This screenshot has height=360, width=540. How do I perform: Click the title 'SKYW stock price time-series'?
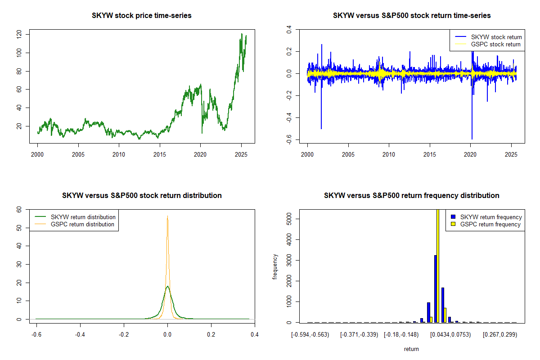coord(142,16)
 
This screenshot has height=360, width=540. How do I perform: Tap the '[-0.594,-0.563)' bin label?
coord(310,335)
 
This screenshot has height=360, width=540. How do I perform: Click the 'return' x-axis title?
coord(411,349)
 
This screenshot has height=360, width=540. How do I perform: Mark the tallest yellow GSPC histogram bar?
coord(438,265)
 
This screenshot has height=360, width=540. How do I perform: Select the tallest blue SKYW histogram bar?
coord(435,288)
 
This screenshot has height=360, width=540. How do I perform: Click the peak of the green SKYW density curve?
coord(167,286)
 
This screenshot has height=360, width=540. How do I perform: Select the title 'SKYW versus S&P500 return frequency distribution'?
coord(411,196)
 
